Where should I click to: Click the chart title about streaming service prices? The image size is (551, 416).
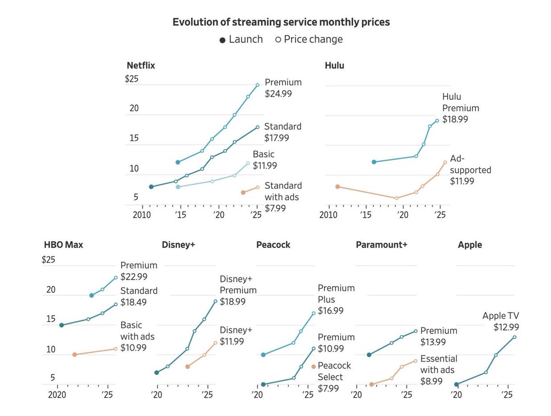click(281, 22)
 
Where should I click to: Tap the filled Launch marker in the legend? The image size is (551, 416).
click(223, 40)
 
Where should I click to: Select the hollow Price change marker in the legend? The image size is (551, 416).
click(278, 40)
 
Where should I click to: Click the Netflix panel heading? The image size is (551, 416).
click(141, 65)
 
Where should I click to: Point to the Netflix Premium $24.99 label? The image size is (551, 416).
click(283, 88)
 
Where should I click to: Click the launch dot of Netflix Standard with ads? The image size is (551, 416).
click(243, 192)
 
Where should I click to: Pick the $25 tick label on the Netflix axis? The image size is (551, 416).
click(131, 79)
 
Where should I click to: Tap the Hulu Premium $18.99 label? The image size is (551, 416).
click(461, 108)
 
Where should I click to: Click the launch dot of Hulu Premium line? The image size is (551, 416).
click(374, 162)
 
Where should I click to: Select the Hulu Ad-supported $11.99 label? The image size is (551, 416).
click(471, 170)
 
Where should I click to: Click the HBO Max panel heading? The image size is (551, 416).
click(63, 245)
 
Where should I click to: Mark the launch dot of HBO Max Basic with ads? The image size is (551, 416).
click(74, 354)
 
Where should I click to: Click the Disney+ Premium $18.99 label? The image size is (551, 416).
click(238, 290)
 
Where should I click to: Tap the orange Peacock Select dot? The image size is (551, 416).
click(314, 366)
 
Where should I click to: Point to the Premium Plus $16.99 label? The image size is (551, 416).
click(336, 299)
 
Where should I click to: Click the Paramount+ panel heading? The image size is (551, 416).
click(382, 245)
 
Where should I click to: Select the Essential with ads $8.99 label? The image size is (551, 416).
click(439, 370)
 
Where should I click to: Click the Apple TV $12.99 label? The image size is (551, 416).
click(500, 321)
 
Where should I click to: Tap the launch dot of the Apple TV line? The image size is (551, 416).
click(456, 385)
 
